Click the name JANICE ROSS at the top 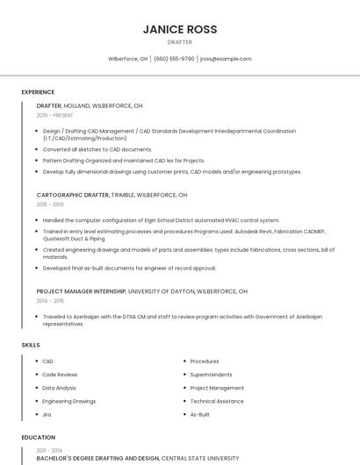coord(180,29)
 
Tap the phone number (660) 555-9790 coord(174,59)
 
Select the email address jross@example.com coord(226,59)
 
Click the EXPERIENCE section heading coord(38,92)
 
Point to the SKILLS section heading coord(31,345)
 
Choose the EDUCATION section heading coord(38,437)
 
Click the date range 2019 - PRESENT coord(55,115)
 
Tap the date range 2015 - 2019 coord(50,204)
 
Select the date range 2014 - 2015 coord(50,300)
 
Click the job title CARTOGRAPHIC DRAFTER coord(73,195)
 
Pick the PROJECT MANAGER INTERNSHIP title coord(86,290)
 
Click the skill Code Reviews coord(60,375)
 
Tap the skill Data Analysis coord(59,388)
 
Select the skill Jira coord(47,414)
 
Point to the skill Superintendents coord(211,375)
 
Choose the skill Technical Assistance coord(217,401)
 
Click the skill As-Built coord(199,414)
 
